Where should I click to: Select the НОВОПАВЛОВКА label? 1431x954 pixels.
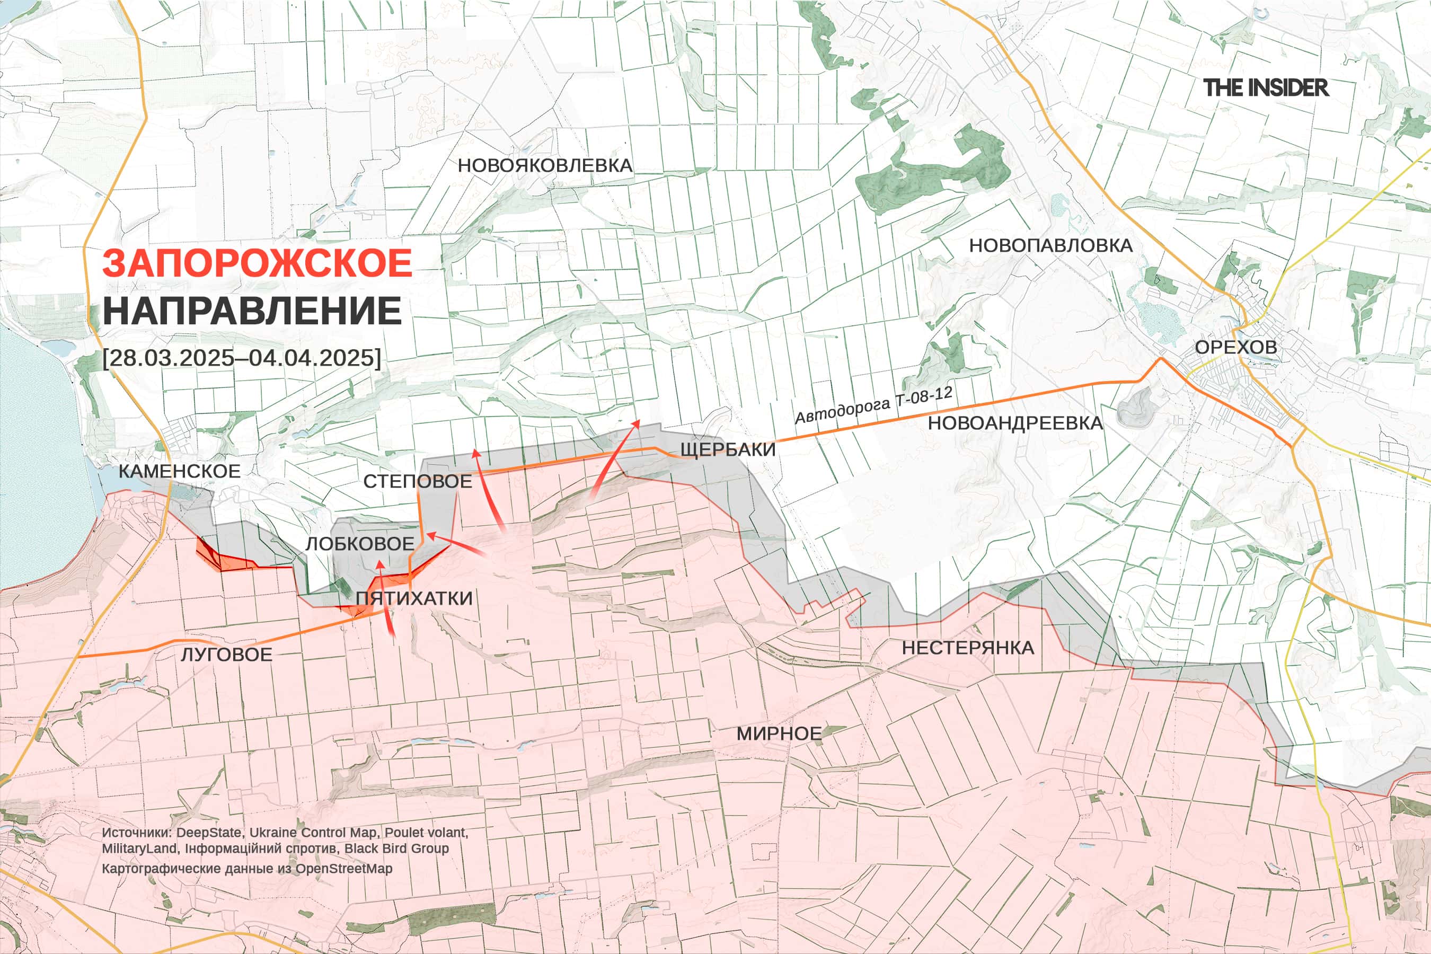tap(1051, 246)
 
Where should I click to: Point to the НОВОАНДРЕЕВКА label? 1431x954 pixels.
tap(1015, 423)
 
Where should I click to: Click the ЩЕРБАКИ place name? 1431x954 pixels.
tap(728, 449)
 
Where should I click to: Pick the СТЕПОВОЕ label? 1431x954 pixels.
tap(418, 481)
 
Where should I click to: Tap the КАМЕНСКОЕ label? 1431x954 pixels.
tap(180, 471)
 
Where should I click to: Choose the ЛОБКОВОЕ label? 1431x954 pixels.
tap(359, 544)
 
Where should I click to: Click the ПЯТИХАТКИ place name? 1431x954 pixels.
tap(414, 598)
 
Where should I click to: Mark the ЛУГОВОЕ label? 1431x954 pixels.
tap(226, 655)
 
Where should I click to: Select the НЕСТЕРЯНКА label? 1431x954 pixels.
tap(968, 648)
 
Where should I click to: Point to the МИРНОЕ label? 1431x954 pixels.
tap(779, 734)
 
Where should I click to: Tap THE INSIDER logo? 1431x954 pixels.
tap(1266, 87)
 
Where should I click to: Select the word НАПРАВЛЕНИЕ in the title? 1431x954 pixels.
tap(252, 311)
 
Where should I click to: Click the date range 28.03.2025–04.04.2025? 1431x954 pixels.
tap(242, 357)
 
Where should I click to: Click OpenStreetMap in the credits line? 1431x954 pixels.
tap(344, 869)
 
